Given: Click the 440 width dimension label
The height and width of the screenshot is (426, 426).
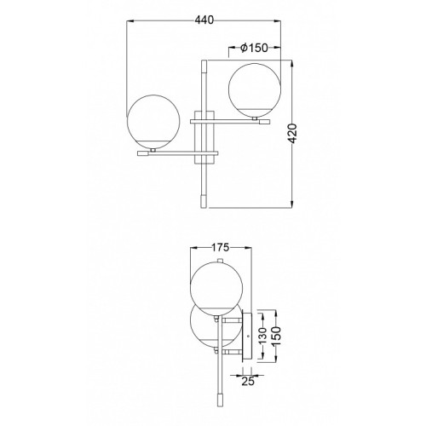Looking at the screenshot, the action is click(204, 20).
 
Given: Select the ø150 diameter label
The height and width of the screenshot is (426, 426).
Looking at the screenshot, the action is click(254, 48).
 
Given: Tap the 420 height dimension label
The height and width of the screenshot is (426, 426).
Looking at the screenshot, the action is click(292, 134).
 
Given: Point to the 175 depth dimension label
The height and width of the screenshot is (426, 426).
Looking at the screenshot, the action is click(221, 247).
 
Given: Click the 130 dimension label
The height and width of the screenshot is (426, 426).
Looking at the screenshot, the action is click(263, 335).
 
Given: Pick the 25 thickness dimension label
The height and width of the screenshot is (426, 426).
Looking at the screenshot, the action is click(248, 381).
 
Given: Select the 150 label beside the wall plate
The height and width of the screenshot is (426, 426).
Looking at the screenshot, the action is click(276, 336).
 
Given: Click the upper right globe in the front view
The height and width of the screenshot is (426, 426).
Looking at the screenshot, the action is click(255, 89).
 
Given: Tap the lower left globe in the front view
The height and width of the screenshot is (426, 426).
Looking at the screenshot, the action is click(153, 122).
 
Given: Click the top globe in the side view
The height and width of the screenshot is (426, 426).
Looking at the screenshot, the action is click(216, 289).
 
